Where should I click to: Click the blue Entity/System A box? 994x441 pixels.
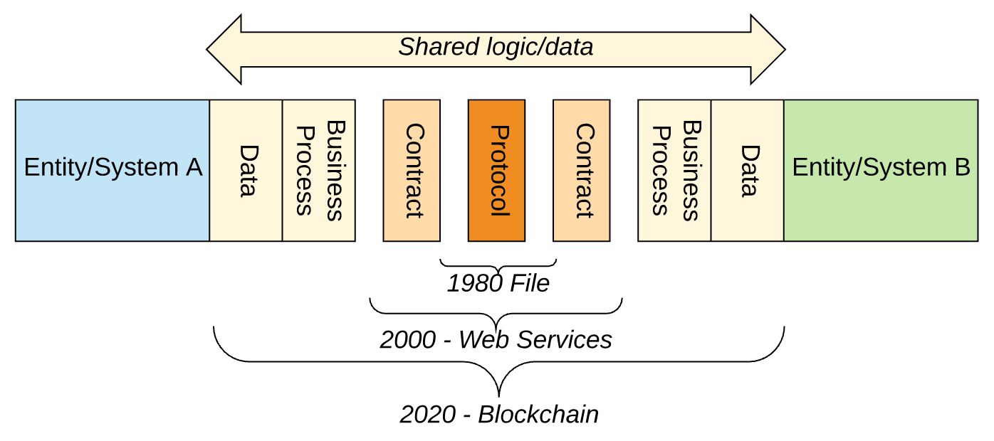(113, 171)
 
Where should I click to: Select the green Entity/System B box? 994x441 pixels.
(881, 171)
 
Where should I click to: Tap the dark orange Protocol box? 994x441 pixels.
(496, 171)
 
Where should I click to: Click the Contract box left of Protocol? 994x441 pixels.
(412, 171)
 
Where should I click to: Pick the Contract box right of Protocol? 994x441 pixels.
(582, 171)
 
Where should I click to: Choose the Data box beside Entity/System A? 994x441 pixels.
(246, 171)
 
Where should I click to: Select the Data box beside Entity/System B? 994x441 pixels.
(747, 171)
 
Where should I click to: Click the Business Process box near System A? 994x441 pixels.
(319, 171)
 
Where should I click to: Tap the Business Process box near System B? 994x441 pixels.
(674, 171)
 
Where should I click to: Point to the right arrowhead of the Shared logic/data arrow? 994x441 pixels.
(768, 49)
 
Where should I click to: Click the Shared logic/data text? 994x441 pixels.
(496, 48)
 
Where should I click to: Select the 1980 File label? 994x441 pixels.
(498, 283)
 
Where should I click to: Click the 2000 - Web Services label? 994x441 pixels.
(496, 340)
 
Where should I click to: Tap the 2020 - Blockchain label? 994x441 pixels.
(498, 414)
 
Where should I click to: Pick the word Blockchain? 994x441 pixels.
(538, 414)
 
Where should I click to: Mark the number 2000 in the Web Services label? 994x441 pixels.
(407, 340)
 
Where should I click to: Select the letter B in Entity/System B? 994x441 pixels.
(961, 168)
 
